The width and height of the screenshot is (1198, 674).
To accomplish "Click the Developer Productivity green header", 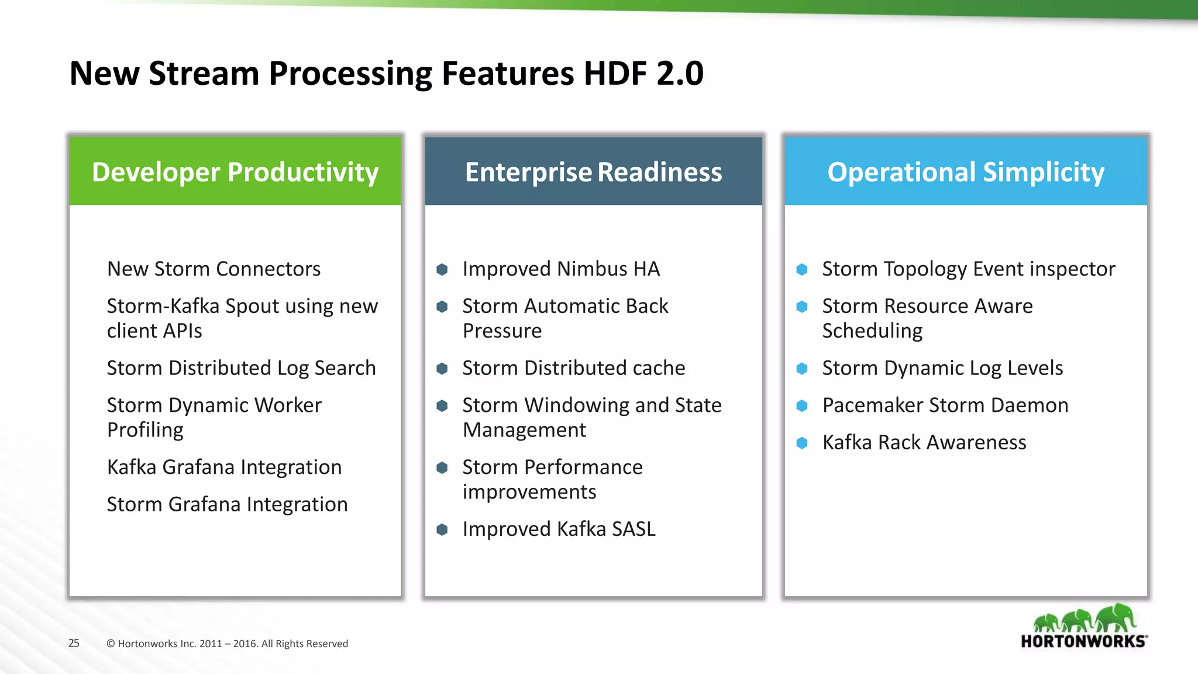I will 235,171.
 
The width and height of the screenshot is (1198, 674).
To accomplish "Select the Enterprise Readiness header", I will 593,171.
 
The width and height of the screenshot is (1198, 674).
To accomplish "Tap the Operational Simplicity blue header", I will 965,171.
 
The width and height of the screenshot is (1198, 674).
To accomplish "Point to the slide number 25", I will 74,643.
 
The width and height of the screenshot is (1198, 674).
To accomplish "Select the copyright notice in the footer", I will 227,644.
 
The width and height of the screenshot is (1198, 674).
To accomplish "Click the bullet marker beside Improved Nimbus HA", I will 442,269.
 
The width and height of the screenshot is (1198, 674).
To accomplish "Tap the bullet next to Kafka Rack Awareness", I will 802,443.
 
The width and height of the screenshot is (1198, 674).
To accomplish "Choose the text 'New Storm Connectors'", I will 214,269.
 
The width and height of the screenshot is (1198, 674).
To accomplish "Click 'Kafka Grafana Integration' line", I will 224,467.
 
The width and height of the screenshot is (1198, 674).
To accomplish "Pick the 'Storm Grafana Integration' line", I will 227,504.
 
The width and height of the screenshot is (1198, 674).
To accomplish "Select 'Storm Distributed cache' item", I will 573,368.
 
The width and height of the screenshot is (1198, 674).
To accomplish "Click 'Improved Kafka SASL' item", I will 559,529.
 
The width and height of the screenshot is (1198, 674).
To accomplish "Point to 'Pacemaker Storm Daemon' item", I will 945,405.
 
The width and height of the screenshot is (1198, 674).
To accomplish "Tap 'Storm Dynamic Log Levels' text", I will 942,368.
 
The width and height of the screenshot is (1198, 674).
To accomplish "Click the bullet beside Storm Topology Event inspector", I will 802,269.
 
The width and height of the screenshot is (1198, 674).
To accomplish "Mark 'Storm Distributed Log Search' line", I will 241,368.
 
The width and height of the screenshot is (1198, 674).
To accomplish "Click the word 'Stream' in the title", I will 204,74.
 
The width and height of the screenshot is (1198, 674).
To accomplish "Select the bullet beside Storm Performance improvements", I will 442,467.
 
